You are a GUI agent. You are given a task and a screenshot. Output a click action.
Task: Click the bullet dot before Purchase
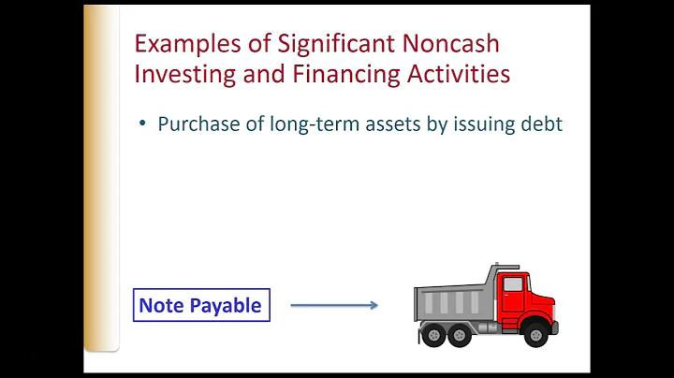coord(142,124)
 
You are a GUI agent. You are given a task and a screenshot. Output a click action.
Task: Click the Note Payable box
coord(200,306)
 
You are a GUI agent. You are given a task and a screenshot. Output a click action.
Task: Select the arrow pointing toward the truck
coord(334,305)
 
